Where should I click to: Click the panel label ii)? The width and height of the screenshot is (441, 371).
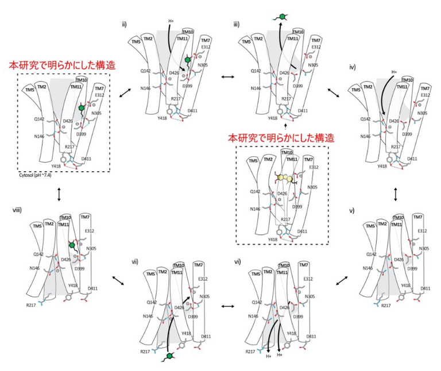(123, 24)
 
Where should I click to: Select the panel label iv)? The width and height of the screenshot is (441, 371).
(354, 67)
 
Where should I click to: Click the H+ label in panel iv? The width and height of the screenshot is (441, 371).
(394, 72)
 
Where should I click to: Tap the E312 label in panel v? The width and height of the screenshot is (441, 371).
(422, 231)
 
